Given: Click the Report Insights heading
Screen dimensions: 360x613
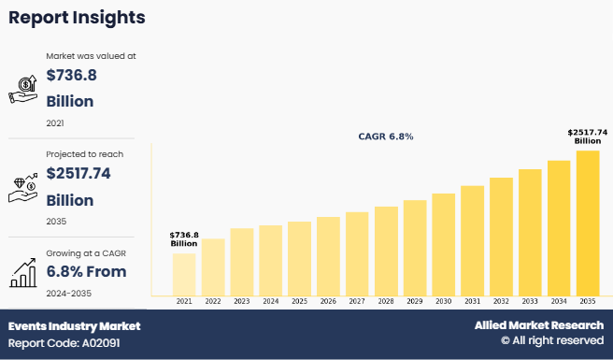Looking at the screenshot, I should pos(77,18).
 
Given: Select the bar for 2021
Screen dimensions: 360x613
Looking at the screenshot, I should pos(184,273).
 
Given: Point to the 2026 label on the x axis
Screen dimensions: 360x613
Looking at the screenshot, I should pos(328,301).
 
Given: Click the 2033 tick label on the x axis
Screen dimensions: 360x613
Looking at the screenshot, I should pos(530,301).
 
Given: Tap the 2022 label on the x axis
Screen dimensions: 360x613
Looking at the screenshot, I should pos(213,301).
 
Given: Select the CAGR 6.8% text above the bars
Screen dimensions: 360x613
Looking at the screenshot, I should pos(385,137).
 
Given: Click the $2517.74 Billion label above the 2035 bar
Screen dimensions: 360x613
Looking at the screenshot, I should pos(587,137).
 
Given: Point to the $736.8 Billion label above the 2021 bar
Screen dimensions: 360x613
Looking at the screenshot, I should pos(184,239).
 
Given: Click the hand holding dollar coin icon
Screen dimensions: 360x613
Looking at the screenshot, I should pos(22,89).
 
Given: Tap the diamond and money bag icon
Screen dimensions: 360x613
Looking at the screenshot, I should pos(22,186).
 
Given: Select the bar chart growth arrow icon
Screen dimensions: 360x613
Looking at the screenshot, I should pos(22,273).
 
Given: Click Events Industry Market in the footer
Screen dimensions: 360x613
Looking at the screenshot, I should pos(75,326).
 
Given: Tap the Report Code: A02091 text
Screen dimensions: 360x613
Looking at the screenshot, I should pos(64,343).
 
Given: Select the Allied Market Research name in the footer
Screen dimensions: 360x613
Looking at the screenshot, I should pos(538,325).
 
